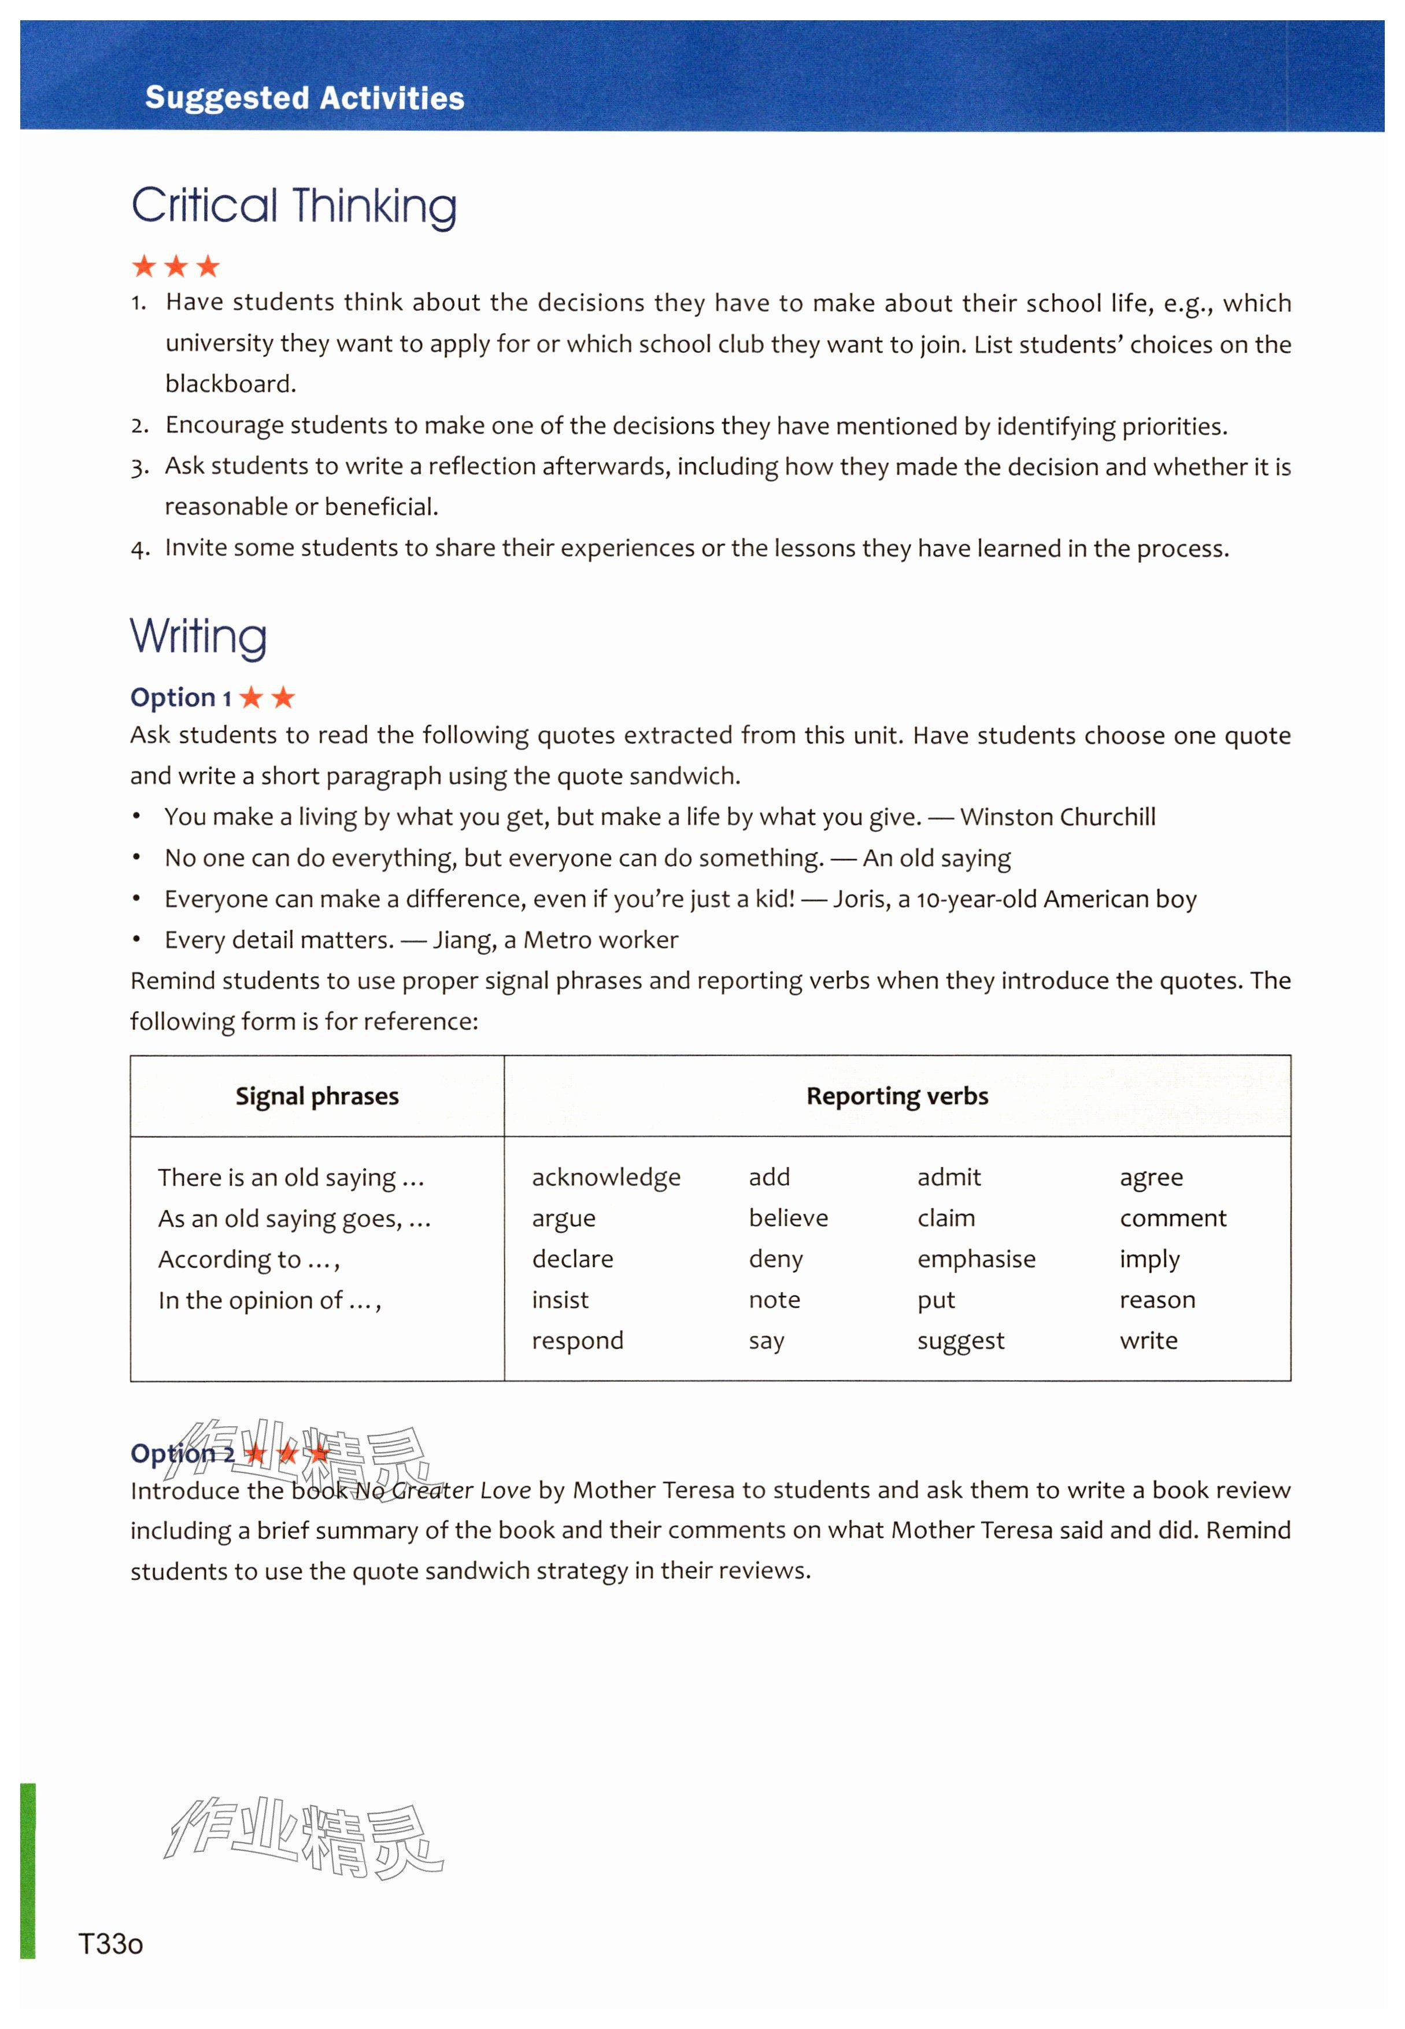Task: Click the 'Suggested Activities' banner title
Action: tap(305, 98)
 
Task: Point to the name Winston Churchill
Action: tap(1058, 818)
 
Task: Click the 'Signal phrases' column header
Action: tap(317, 1096)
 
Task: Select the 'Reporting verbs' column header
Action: tap(897, 1096)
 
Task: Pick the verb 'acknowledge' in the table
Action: tap(606, 1177)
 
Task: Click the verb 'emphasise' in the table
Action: tap(977, 1260)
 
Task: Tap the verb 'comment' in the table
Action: tap(1173, 1219)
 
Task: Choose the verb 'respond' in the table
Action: tap(578, 1341)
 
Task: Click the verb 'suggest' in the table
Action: tap(960, 1341)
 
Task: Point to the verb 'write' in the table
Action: tap(1148, 1341)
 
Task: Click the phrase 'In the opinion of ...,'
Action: tap(269, 1301)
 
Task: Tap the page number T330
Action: tap(111, 1943)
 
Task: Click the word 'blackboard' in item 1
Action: tap(229, 384)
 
